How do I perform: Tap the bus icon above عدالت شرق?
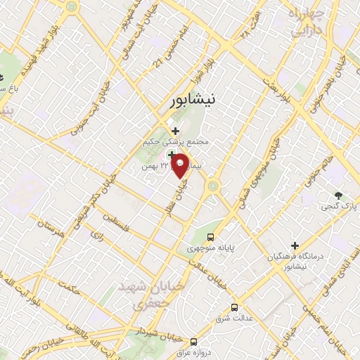[x=234, y=307]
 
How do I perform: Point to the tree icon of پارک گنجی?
[x=339, y=195]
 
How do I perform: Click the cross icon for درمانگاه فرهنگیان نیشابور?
[x=295, y=245]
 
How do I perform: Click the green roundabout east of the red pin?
[x=212, y=186]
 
